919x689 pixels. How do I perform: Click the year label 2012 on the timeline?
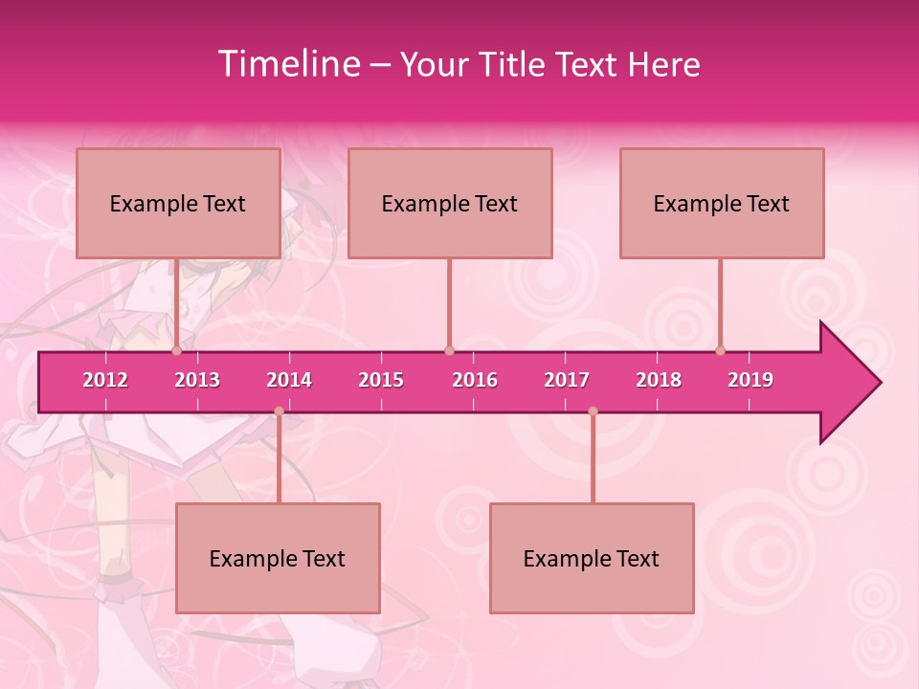(105, 380)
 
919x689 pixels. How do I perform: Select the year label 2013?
(197, 380)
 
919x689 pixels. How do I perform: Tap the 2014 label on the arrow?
(289, 380)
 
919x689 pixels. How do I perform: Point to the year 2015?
(381, 380)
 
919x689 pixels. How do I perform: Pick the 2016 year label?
(475, 380)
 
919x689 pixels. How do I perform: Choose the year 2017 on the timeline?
(567, 380)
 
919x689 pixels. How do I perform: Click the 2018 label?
(659, 380)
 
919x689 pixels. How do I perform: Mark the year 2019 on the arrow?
(751, 380)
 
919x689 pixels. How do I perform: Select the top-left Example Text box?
(178, 203)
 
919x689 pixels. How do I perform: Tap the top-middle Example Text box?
(450, 203)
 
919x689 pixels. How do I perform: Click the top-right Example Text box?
(722, 203)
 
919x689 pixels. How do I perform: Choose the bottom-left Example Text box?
(278, 558)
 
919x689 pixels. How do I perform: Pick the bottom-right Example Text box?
(592, 558)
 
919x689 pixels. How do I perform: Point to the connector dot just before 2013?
(177, 350)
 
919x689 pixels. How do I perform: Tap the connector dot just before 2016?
(449, 350)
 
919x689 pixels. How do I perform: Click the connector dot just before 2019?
(721, 350)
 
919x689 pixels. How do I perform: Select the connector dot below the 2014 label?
(279, 411)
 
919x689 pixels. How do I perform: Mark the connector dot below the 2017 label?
(593, 411)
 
